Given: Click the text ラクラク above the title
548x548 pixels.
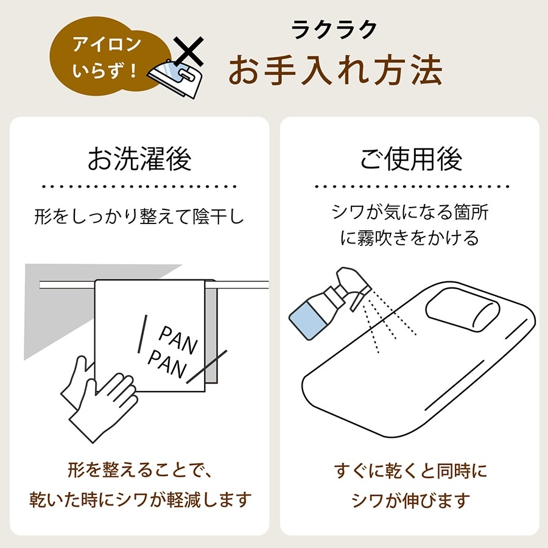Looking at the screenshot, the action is coord(334,30).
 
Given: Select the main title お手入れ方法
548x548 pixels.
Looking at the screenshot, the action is coord(335,70).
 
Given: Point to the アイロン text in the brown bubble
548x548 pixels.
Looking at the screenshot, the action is coord(107,44).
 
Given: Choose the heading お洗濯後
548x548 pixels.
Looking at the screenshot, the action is coord(139,159).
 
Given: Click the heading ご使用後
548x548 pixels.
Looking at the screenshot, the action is coord(412,159).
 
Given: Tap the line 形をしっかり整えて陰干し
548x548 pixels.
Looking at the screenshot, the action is coord(139,216).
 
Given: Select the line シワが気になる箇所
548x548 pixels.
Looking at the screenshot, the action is coord(410,212).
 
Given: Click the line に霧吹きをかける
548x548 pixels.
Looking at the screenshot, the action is coord(410,237).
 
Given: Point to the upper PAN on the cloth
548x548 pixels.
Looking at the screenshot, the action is coord(178,339).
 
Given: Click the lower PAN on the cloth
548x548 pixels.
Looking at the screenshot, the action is coord(167,364).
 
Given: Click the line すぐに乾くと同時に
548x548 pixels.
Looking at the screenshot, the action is coord(410,471).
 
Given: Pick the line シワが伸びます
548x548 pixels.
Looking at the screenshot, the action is coord(410,501).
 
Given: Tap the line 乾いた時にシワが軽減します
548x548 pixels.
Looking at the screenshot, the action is coord(140,500).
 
